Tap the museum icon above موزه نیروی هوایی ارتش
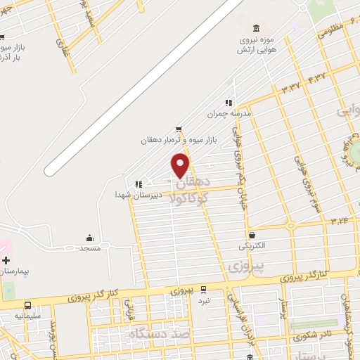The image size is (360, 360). [x=255, y=28]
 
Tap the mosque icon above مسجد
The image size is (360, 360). [x=89, y=238]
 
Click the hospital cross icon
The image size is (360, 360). [x=6, y=260]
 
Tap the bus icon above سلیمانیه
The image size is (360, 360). [x=28, y=306]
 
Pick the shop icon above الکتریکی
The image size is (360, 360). [x=252, y=236]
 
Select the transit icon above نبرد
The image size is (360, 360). [x=204, y=289]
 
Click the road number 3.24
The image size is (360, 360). [x=339, y=221]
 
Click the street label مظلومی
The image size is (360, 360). [x=331, y=32]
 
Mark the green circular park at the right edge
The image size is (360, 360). [x=354, y=149]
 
